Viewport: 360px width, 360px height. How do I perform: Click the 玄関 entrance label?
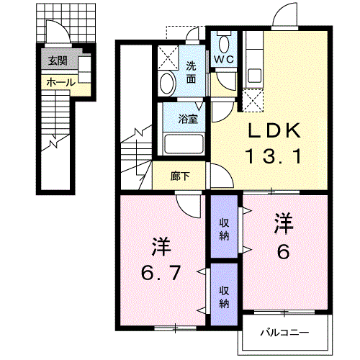(58, 61)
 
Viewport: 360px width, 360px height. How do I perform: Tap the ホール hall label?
(60, 83)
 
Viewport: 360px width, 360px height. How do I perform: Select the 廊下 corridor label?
(179, 174)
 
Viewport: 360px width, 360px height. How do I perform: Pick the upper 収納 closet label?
(224, 228)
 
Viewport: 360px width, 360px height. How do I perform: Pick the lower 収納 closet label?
(224, 296)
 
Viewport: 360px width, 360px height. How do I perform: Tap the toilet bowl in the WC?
(222, 41)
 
